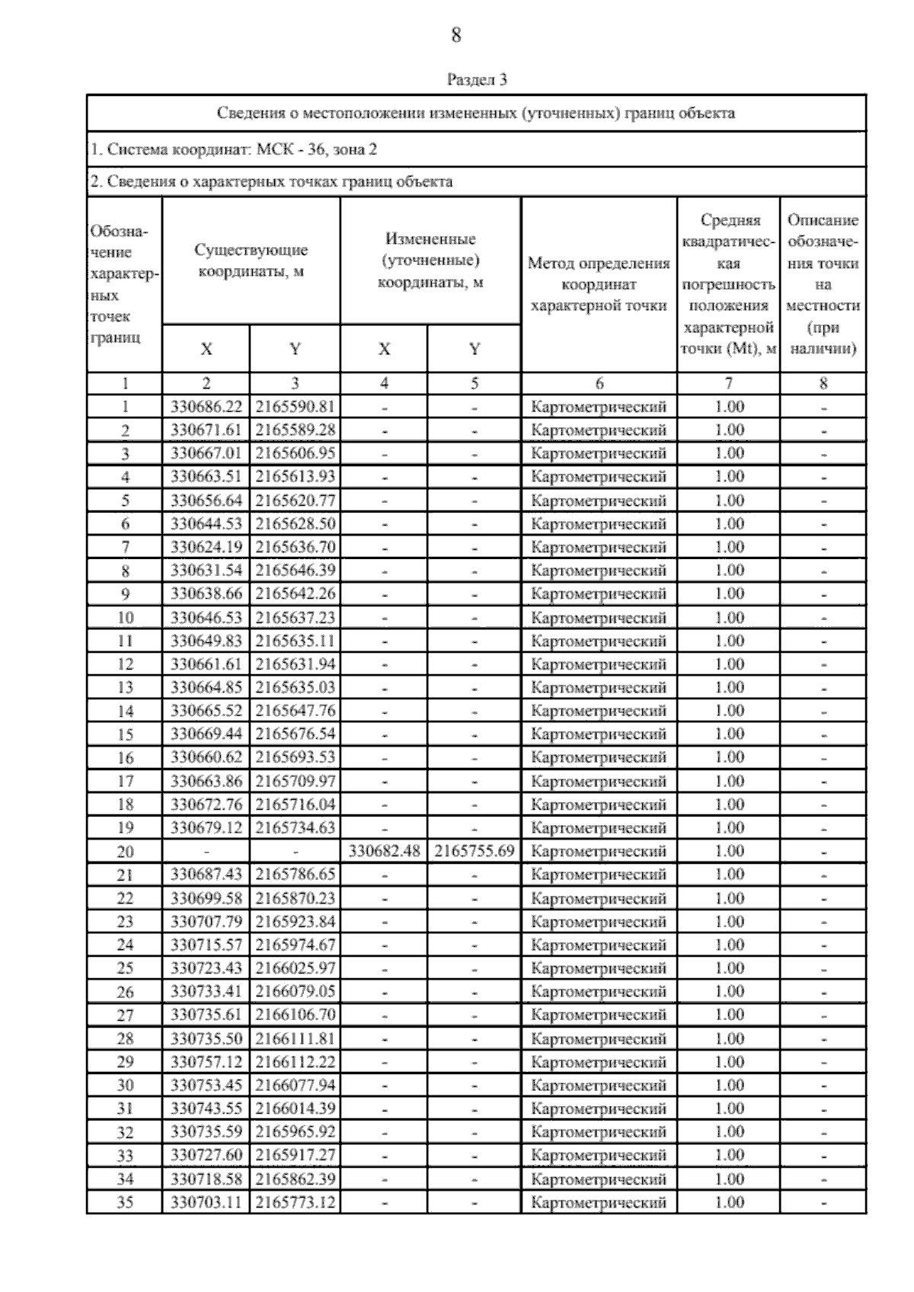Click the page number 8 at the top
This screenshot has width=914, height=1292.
(x=455, y=35)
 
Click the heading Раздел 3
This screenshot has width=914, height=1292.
(x=476, y=79)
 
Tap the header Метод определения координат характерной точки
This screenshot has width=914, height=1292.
(x=599, y=284)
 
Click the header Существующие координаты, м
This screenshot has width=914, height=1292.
(x=251, y=260)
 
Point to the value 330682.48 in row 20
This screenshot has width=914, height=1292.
(x=384, y=851)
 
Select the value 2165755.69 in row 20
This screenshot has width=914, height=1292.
(x=475, y=851)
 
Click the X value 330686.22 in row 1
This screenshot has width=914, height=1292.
(x=206, y=407)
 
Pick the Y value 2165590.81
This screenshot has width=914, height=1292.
(x=295, y=407)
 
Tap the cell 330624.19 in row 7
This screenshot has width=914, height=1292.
(x=206, y=547)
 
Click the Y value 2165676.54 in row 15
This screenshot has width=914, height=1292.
(x=295, y=734)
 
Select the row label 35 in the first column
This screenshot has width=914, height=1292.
(x=125, y=1203)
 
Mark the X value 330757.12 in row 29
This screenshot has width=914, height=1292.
(x=206, y=1062)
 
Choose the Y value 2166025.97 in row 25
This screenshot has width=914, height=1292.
(x=295, y=968)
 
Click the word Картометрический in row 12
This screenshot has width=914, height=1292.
(x=599, y=664)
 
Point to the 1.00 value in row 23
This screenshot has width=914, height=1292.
(x=729, y=922)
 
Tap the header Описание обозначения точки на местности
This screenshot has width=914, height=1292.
(x=823, y=284)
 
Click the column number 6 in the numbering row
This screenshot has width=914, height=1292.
(x=599, y=384)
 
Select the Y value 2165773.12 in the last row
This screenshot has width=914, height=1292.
(x=295, y=1203)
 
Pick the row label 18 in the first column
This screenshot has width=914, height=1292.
(x=125, y=804)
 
